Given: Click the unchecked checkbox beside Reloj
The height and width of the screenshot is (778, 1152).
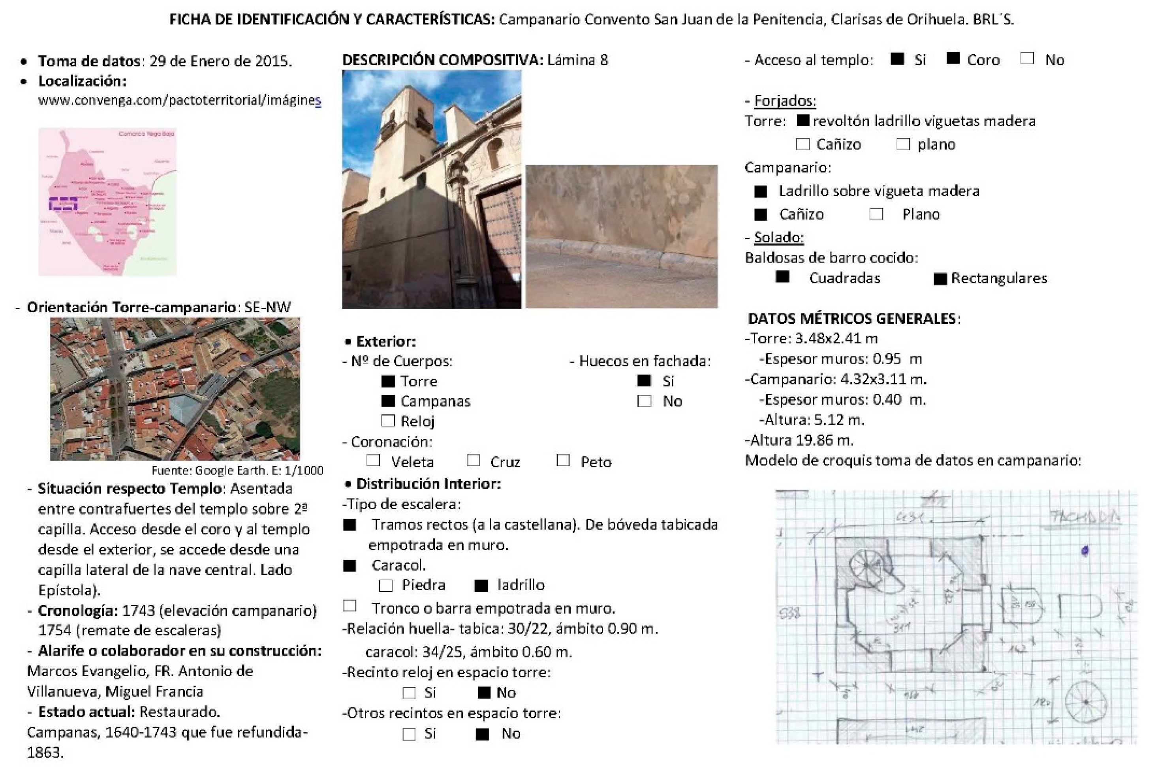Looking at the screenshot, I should pyautogui.click(x=388, y=421).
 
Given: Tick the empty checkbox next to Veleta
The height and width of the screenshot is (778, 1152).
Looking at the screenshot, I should pyautogui.click(x=373, y=460).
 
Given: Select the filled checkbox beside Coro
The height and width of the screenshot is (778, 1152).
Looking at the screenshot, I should pyautogui.click(x=953, y=58).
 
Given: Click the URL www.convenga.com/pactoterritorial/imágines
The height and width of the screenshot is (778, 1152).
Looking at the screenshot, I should pyautogui.click(x=179, y=100).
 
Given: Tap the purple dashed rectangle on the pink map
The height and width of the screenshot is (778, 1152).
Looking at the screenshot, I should pyautogui.click(x=63, y=204).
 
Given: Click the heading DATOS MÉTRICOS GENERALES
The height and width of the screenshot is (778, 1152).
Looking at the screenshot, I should pyautogui.click(x=853, y=318).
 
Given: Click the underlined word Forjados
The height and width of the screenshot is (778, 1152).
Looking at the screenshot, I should pyautogui.click(x=785, y=101).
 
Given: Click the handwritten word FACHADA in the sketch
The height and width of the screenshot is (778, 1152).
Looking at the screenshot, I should pyautogui.click(x=1084, y=517).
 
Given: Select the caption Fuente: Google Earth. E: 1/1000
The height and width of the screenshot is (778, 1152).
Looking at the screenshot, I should pyautogui.click(x=237, y=470).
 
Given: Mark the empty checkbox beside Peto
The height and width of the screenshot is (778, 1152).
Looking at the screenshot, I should pyautogui.click(x=563, y=460).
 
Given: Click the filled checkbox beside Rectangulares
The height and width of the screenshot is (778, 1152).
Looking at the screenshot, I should pyautogui.click(x=940, y=279).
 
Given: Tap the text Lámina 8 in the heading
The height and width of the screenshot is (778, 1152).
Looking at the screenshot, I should pyautogui.click(x=577, y=60).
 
